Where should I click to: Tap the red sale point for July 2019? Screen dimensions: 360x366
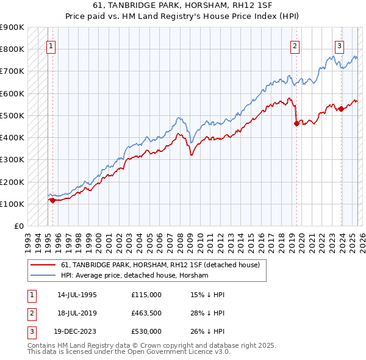click(x=297, y=123)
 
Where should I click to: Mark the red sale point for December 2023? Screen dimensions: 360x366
click(x=341, y=109)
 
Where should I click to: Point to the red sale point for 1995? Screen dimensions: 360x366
click(x=53, y=200)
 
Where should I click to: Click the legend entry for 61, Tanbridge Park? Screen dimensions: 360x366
click(x=160, y=265)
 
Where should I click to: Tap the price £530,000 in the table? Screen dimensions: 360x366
click(x=146, y=331)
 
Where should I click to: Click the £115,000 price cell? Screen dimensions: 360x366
click(x=146, y=295)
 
